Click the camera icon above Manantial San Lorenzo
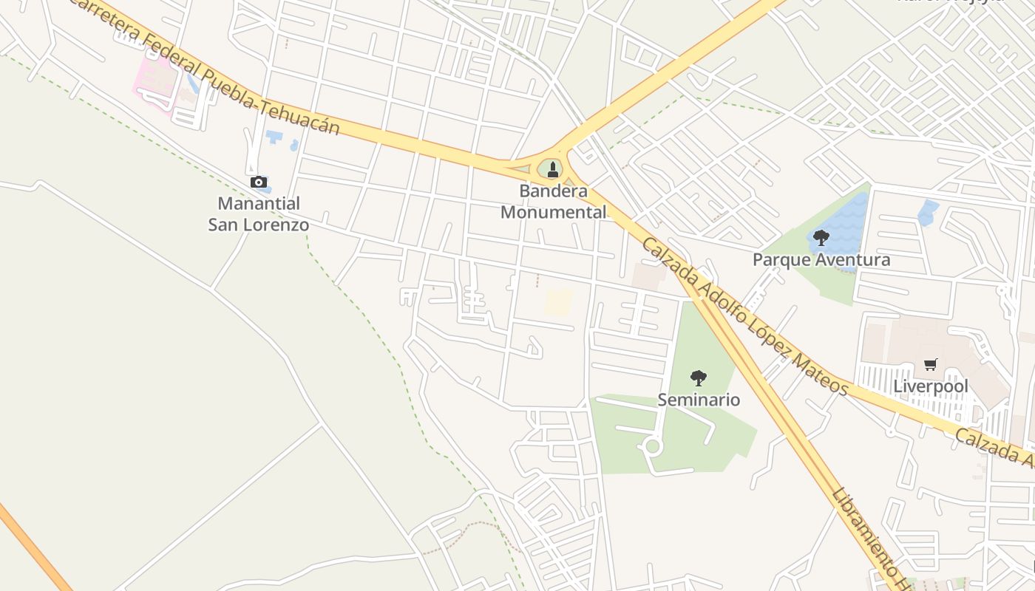(258, 182)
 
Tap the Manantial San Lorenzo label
(258, 213)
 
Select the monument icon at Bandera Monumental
(552, 169)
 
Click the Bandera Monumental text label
(554, 202)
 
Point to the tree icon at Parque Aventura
(821, 238)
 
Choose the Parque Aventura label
(821, 260)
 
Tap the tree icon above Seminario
(698, 378)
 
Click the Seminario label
(699, 400)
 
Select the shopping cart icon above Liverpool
(930, 364)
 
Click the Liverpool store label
(930, 386)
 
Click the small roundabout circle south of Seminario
(652, 446)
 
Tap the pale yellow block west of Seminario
(559, 302)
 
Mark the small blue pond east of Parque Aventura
(927, 213)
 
